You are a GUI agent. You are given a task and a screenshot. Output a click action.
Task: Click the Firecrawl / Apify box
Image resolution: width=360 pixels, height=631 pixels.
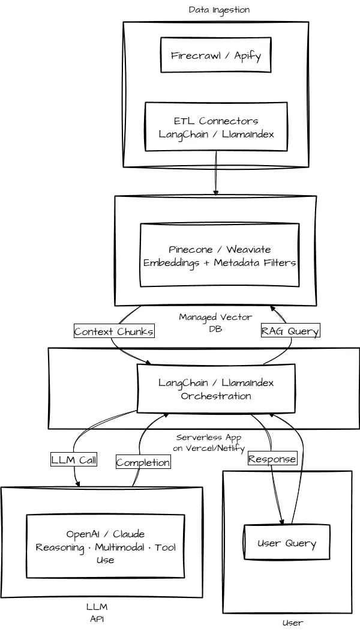click(216, 55)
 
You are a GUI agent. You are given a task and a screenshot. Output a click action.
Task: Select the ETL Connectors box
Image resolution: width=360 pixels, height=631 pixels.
click(216, 127)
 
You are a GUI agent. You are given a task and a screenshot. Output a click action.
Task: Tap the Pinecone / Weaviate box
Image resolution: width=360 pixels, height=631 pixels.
click(220, 255)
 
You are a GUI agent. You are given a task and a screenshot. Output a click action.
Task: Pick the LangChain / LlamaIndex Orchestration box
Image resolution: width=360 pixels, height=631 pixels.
click(216, 389)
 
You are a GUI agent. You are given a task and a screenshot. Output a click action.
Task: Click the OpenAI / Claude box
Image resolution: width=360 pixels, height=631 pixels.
click(105, 546)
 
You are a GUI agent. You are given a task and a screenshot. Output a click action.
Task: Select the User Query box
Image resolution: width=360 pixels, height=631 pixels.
click(286, 543)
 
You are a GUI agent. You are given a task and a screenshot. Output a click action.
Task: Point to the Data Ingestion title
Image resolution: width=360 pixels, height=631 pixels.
click(219, 10)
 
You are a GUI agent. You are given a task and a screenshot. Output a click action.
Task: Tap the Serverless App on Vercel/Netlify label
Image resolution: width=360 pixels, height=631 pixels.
click(208, 442)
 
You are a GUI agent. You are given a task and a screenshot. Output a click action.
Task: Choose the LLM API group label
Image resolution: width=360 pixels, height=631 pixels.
click(97, 612)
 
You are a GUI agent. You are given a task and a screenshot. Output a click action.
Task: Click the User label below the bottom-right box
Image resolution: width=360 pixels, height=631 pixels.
click(293, 623)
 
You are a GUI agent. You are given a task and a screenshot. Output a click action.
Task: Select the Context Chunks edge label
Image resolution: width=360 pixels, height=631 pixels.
click(114, 331)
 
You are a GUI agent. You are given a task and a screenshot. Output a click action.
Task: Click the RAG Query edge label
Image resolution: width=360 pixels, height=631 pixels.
click(290, 331)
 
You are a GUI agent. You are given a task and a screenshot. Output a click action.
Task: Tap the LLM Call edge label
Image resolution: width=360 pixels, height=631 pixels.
click(74, 460)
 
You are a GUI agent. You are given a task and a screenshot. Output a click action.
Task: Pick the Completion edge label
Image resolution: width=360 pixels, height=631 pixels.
click(143, 462)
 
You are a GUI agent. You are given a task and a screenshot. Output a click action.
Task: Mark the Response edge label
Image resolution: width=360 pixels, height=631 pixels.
click(272, 459)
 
